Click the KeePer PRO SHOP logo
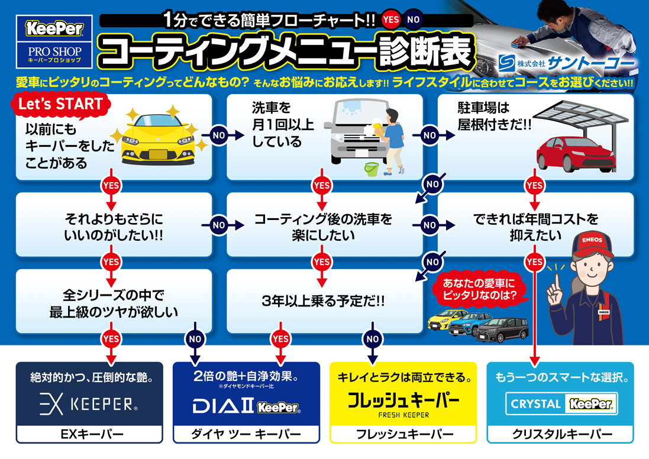tap(54, 41)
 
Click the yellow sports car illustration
tap(158, 138)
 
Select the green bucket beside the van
tap(372, 169)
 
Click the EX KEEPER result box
tap(89, 402)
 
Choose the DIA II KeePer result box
tap(246, 402)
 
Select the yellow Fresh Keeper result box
tap(403, 402)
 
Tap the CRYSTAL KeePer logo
tap(561, 403)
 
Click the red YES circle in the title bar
tap(390, 20)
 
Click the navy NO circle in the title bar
tap(413, 20)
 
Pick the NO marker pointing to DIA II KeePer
tap(195, 339)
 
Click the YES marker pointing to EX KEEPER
tap(111, 339)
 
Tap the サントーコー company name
tap(590, 63)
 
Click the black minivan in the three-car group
tap(502, 329)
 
